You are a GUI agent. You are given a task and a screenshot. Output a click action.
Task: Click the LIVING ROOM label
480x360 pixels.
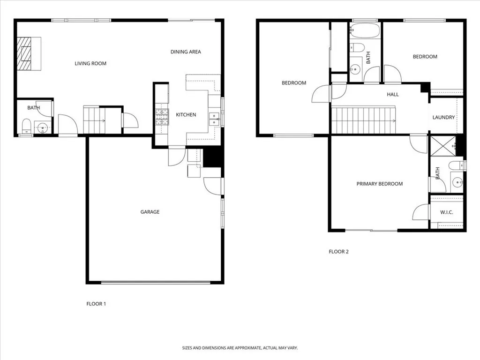pos(90,63)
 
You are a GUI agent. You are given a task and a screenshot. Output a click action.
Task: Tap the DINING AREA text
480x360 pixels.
pos(186,52)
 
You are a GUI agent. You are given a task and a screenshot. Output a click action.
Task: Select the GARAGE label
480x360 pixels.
pos(150,212)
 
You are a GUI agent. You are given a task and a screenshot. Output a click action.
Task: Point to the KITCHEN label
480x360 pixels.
pos(186,115)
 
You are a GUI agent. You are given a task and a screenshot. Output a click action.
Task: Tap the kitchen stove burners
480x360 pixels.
pos(162,117)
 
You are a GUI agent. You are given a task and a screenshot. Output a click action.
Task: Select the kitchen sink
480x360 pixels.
pos(214,119)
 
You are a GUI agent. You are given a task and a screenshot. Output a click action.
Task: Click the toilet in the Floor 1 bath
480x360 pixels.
pos(26,126)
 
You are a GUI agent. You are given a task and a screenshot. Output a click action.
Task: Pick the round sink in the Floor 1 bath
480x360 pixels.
pos(44,127)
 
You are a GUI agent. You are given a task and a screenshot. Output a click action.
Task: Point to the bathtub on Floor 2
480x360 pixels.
pos(364,32)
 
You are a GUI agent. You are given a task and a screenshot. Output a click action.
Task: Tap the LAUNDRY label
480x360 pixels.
pos(443,117)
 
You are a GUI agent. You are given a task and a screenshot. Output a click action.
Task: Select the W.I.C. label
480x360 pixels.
pos(446,212)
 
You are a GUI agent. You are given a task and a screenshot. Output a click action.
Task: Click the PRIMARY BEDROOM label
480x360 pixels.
pos(379,184)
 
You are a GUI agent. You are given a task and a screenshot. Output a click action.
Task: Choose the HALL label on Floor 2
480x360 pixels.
pos(393,94)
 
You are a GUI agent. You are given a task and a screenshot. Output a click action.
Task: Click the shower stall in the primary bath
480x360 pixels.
pos(442,146)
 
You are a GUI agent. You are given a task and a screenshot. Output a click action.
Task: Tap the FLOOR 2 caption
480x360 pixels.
pos(338,252)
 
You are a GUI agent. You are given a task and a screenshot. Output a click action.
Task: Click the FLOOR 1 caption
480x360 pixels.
pos(96,304)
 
